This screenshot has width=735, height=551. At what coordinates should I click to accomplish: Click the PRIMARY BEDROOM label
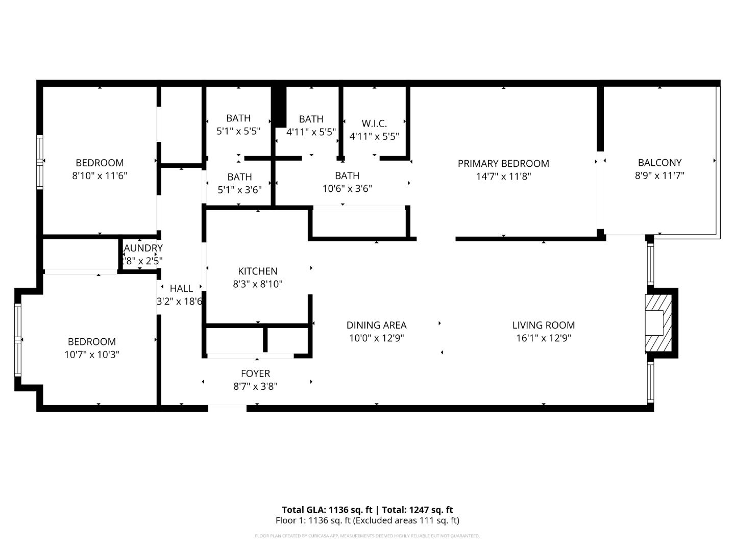tap(503, 163)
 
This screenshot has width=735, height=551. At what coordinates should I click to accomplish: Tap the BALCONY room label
tap(659, 162)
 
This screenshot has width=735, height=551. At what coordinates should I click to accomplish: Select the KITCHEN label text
tap(258, 271)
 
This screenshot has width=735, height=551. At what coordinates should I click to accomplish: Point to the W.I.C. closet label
tap(374, 123)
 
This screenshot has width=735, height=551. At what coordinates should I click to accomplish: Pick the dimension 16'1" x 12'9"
tap(544, 338)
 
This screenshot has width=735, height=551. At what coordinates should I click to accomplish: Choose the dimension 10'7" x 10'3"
tap(92, 354)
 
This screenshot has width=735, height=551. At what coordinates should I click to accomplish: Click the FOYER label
tap(255, 373)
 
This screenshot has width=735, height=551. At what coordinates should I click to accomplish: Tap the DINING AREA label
tap(376, 325)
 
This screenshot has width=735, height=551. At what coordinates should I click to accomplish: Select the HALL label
tap(181, 288)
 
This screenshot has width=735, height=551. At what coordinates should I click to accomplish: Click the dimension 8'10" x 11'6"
tap(100, 176)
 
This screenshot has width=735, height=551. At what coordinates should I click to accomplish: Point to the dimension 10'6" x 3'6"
tap(347, 188)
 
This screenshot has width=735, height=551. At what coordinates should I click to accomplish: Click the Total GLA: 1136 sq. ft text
tap(327, 510)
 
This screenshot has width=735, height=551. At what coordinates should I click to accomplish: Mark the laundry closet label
tap(143, 248)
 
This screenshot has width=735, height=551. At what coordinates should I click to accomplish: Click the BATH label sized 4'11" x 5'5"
tap(311, 119)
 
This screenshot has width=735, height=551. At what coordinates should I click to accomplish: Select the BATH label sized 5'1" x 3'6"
tap(239, 177)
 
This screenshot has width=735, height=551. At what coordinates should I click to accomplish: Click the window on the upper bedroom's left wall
tap(39, 162)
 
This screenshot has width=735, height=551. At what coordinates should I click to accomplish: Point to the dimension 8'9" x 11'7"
tap(659, 176)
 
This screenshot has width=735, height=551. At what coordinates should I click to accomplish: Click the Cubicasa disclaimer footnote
tap(367, 536)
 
